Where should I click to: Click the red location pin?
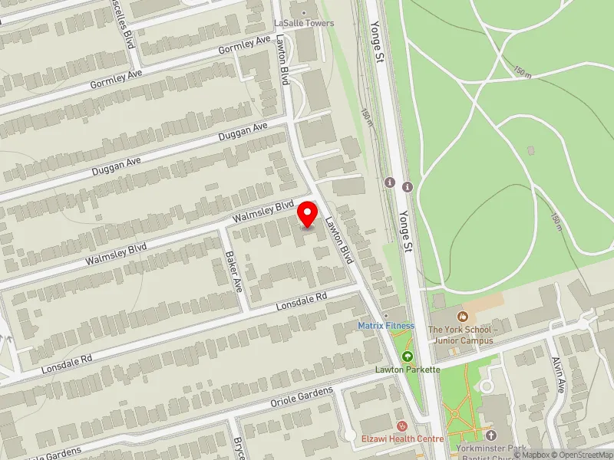tap(308, 214)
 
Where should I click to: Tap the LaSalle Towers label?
tap(305, 24)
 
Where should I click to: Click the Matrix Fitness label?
tap(386, 326)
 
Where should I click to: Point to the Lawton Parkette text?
tap(407, 370)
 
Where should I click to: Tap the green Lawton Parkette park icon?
tap(407, 356)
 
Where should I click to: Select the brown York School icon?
tap(462, 316)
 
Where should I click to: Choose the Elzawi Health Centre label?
tap(402, 439)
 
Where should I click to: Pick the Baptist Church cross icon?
tap(491, 435)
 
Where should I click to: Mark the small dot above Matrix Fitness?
tap(386, 315)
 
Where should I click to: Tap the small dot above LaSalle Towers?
tap(305, 11)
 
